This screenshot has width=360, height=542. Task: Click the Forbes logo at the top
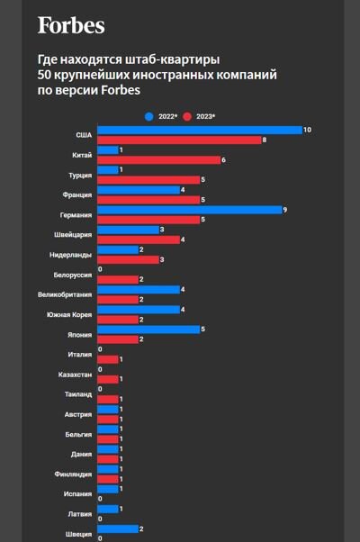(71, 25)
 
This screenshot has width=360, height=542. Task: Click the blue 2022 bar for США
(198, 131)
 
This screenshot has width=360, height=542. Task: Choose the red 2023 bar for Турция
(148, 180)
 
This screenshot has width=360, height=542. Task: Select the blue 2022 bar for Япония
(148, 330)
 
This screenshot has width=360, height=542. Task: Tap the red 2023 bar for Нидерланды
(127, 259)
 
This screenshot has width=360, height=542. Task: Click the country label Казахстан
(74, 374)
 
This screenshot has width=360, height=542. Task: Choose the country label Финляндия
(72, 474)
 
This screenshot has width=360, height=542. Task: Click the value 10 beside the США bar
(308, 131)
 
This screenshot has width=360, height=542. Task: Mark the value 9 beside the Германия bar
(285, 210)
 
